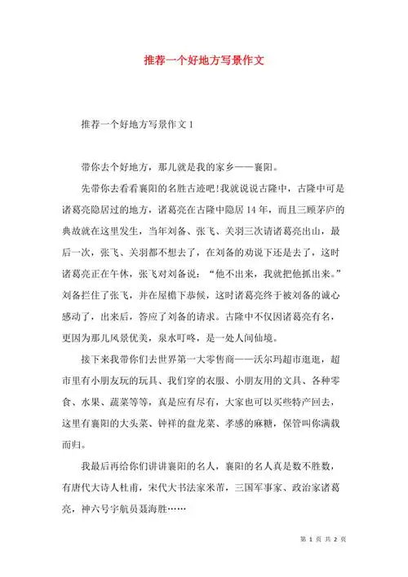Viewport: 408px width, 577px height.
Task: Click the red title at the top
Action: click(203, 61)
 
